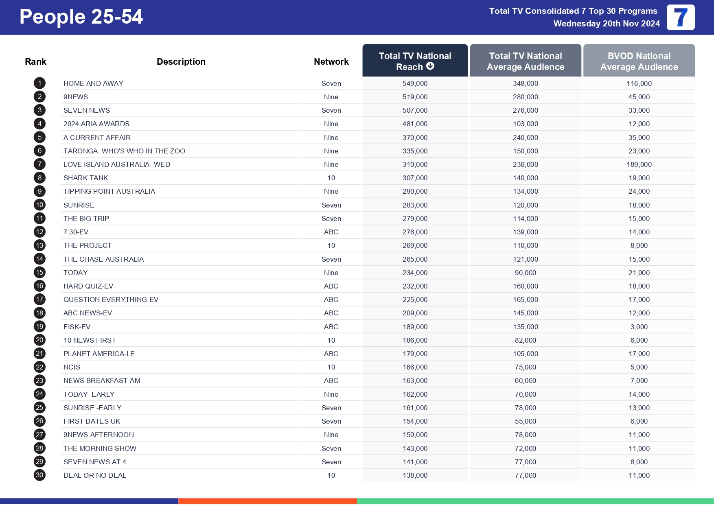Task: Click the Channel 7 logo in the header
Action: [x=680, y=17]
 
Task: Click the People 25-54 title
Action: [x=81, y=17]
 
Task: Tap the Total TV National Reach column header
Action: [x=415, y=61]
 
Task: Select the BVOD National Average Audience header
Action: [x=639, y=61]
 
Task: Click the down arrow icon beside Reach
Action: [x=430, y=66]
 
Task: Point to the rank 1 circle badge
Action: [x=39, y=83]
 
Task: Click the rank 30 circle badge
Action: [x=39, y=475]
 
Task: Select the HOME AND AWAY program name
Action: [x=93, y=83]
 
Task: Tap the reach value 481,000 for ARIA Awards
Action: [x=415, y=124]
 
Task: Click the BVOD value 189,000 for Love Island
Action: [x=639, y=164]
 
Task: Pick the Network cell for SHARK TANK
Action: [x=331, y=178]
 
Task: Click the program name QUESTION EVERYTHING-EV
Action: [x=111, y=300]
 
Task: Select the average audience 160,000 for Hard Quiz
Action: [x=525, y=286]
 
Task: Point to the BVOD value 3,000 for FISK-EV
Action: [x=639, y=327]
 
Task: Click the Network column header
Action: [x=331, y=61]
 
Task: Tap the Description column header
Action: [x=181, y=61]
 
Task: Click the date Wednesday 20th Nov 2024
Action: [x=606, y=24]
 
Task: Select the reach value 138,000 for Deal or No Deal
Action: [x=415, y=475]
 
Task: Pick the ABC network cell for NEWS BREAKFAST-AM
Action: [x=331, y=380]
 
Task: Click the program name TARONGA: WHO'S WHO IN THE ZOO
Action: [x=124, y=151]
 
